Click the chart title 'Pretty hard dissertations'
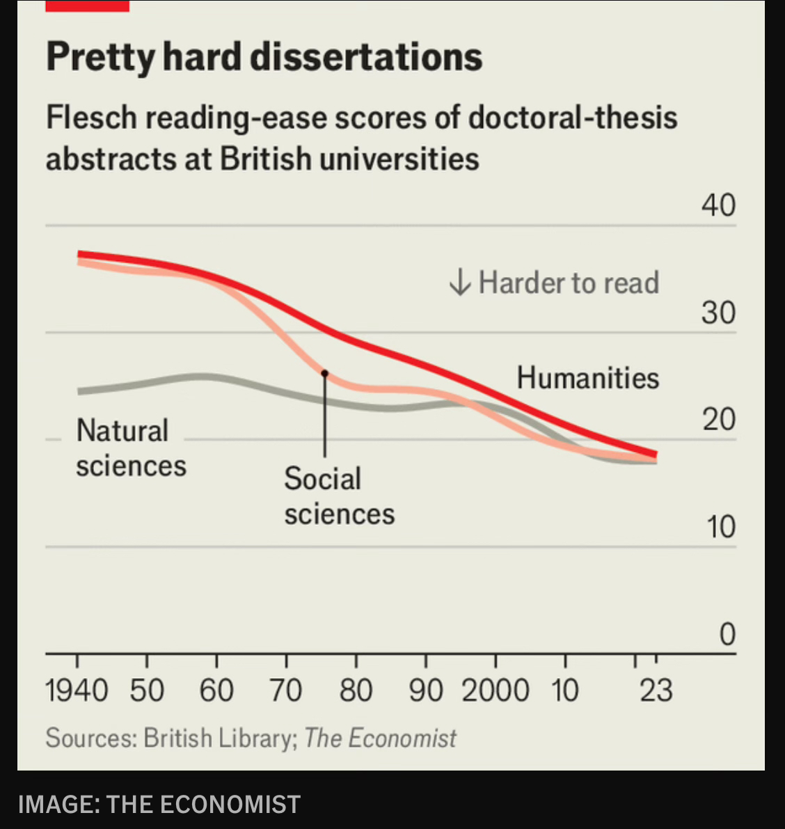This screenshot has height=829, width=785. pos(264,58)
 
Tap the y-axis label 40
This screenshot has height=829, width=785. pos(718,206)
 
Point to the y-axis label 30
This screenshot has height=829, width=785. pos(718,313)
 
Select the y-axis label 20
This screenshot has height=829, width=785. pos(718,420)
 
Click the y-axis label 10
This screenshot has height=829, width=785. pos(721,528)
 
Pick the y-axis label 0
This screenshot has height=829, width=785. pos(727,634)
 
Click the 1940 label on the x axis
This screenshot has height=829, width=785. pos(77,691)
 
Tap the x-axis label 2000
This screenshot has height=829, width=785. pos(495,691)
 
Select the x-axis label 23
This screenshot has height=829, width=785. pos(656,691)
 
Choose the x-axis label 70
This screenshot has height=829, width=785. pos(286,691)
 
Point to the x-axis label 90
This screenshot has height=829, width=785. pos(425,691)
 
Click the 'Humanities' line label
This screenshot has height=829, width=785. pos(587,378)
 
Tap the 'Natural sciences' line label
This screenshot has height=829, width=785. pos(130,448)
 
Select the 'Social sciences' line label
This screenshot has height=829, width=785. pos(338,496)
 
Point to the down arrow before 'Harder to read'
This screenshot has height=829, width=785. pos(459,283)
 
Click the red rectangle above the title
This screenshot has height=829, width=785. pos(87,6)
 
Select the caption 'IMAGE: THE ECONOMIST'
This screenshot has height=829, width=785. pos(159,805)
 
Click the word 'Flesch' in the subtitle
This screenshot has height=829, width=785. pos(91,118)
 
